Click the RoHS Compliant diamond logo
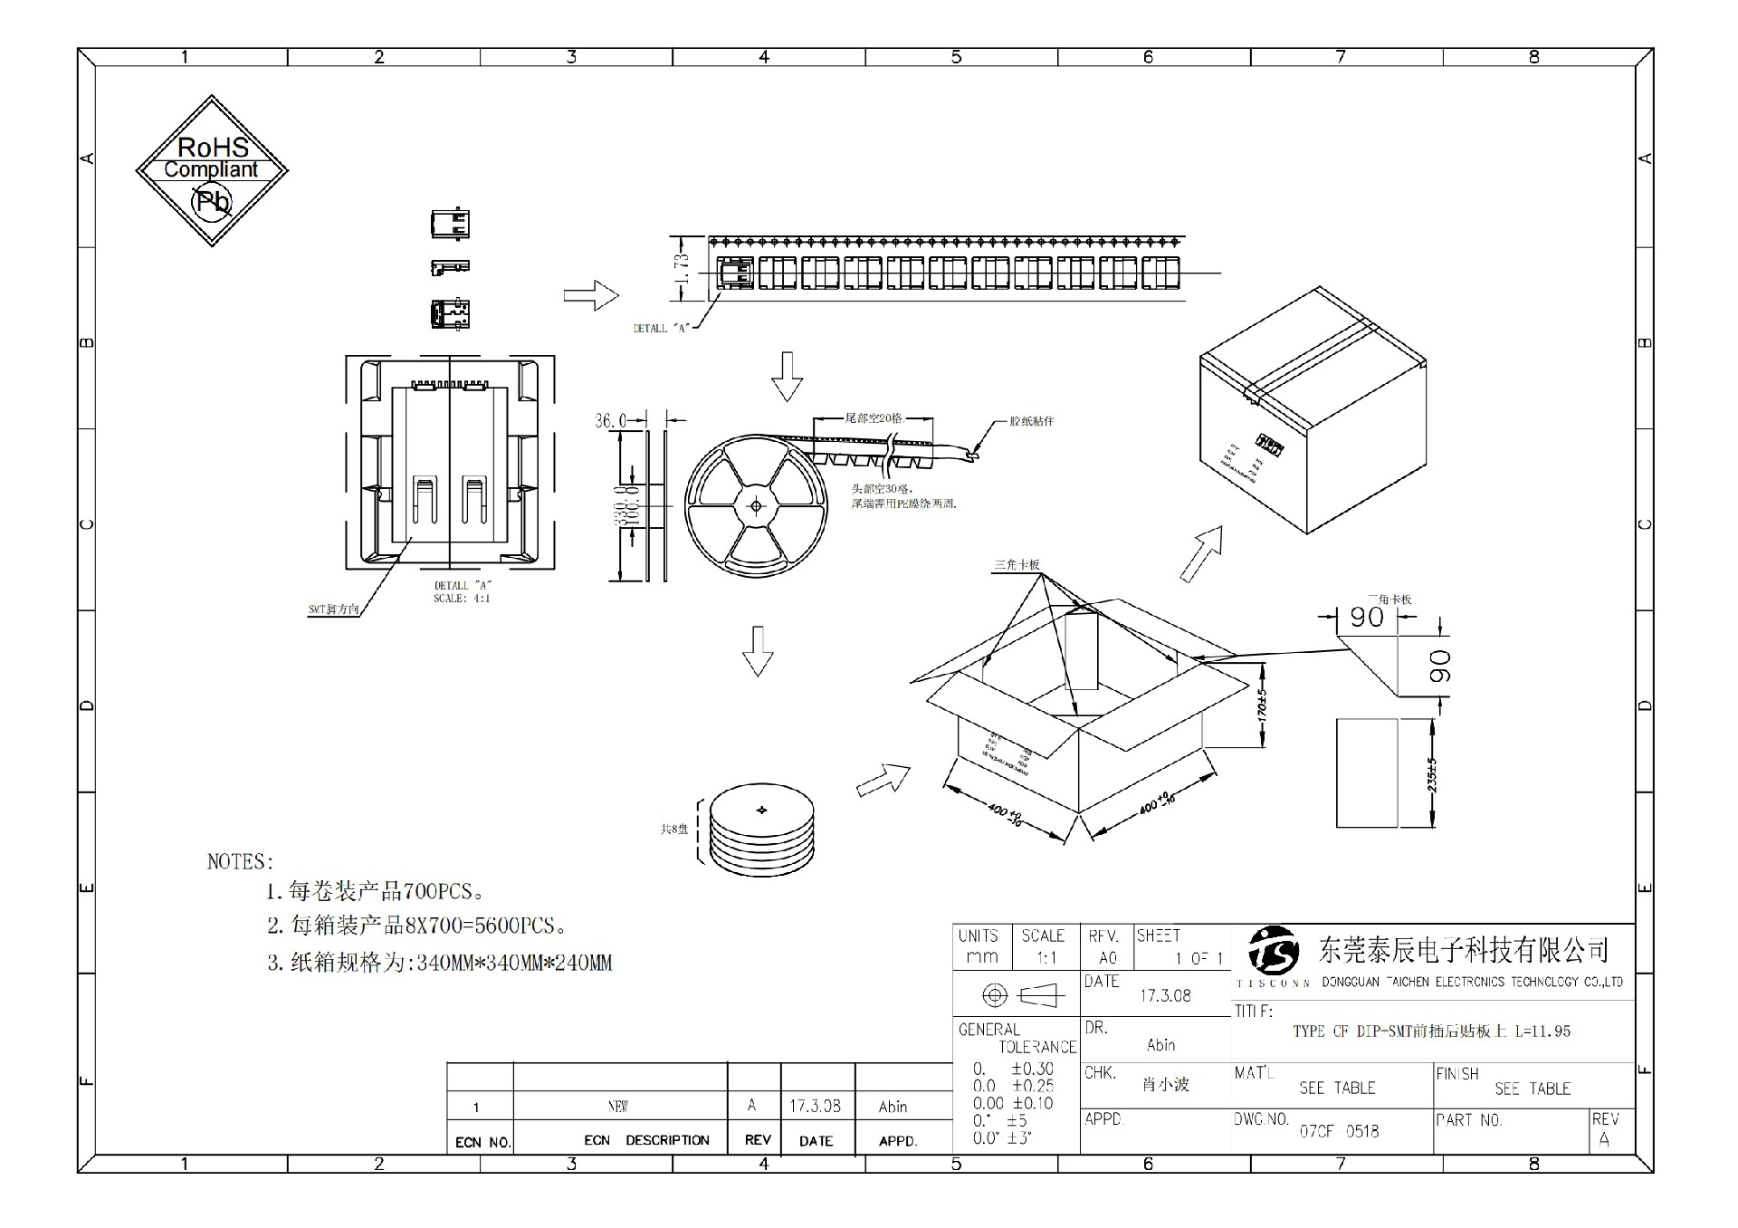[212, 170]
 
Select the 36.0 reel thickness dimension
[610, 420]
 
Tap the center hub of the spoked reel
[756, 505]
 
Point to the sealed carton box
[1312, 412]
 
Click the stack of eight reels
[761, 829]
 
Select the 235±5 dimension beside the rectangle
[1431, 774]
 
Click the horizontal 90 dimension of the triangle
[1366, 617]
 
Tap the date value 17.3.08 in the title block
[1165, 995]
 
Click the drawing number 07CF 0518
[1339, 1131]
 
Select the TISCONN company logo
[1273, 949]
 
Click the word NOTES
[240, 861]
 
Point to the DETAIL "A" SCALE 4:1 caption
[462, 592]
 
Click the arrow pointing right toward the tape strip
[590, 295]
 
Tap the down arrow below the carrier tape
[787, 376]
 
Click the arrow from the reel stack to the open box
[883, 779]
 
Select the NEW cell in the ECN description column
[618, 1107]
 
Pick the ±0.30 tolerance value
[1032, 1069]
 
